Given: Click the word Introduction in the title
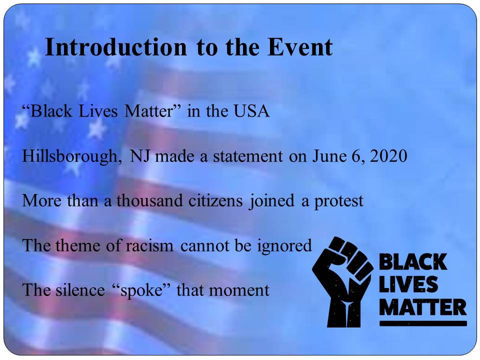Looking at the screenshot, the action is (x=115, y=47).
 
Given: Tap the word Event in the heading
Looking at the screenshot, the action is (x=300, y=47).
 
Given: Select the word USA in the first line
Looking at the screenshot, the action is (x=251, y=111).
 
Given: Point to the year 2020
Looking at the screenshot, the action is (x=388, y=156).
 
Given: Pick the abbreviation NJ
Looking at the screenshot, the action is (x=139, y=156).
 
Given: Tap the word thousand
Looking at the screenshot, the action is (x=149, y=201).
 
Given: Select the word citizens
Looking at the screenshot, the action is (x=215, y=201).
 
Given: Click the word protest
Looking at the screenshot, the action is (x=339, y=201).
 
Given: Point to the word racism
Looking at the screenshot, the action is (x=149, y=246).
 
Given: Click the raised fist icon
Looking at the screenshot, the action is (x=342, y=281).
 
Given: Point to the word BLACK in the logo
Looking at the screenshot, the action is (x=413, y=262).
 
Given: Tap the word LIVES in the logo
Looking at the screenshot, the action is (x=408, y=284).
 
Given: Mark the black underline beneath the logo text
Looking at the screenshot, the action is (x=423, y=323).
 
